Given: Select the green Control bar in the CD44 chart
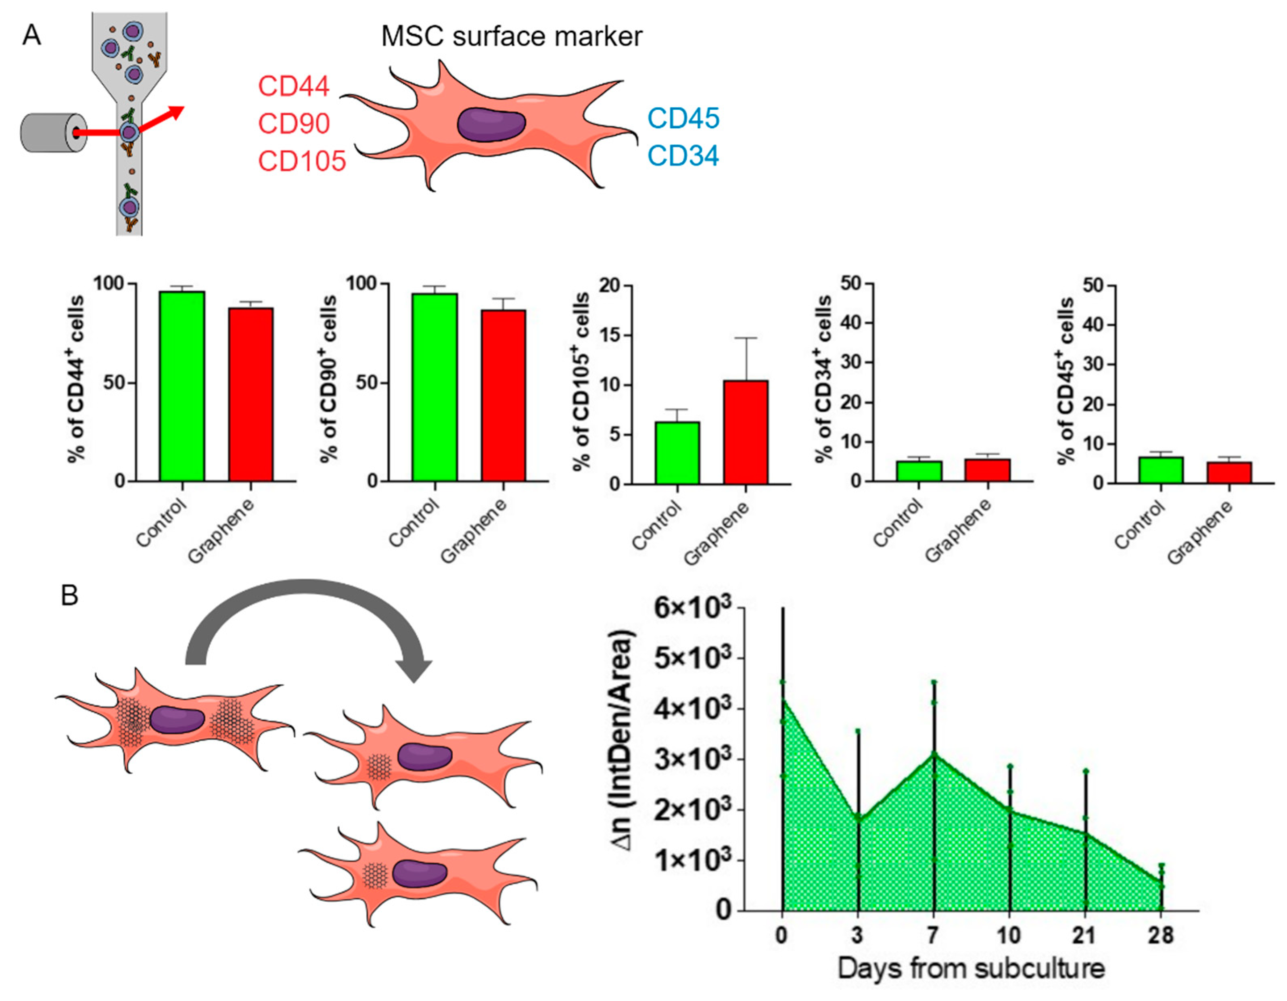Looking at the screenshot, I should [182, 386].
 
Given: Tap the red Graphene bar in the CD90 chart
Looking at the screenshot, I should [503, 396].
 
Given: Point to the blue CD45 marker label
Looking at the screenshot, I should [683, 119].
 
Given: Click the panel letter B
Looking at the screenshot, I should [69, 596].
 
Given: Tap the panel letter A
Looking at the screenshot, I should [32, 36].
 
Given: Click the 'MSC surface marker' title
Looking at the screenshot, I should [512, 37].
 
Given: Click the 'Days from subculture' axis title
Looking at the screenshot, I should [971, 969].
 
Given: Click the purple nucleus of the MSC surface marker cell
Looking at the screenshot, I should [491, 124].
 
